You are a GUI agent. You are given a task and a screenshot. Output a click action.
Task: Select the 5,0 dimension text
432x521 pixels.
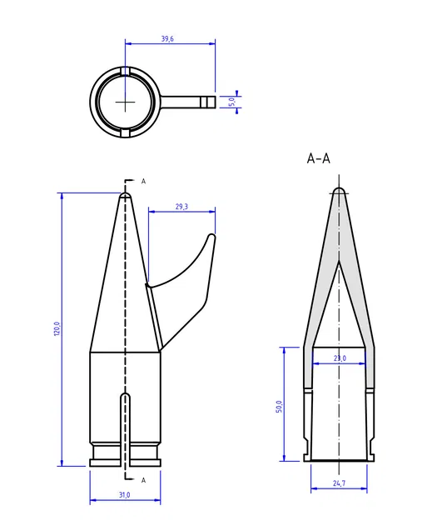coord(232,101)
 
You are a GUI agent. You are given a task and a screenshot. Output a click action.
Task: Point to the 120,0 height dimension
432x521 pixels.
coord(57,329)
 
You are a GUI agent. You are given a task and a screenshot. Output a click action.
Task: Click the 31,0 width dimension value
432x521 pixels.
coord(125,495)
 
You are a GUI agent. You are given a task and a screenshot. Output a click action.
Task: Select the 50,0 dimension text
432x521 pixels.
coord(279,406)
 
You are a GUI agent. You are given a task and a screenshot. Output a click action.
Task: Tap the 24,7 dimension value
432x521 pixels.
coord(339,483)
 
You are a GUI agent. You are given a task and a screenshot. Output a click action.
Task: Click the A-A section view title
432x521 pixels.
coord(319,158)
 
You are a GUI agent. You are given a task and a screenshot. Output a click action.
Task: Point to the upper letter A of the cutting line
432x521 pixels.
coord(143,181)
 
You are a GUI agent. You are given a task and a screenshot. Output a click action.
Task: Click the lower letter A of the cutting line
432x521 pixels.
coord(143,480)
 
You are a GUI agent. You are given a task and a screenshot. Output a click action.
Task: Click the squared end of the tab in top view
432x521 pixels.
coord(210,102)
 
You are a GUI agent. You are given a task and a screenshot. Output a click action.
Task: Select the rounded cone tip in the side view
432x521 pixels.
coord(125,196)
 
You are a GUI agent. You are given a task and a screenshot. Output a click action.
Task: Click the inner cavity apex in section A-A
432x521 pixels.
coord(339,264)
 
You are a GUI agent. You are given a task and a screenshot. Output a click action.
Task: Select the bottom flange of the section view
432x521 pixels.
coord(339,457)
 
